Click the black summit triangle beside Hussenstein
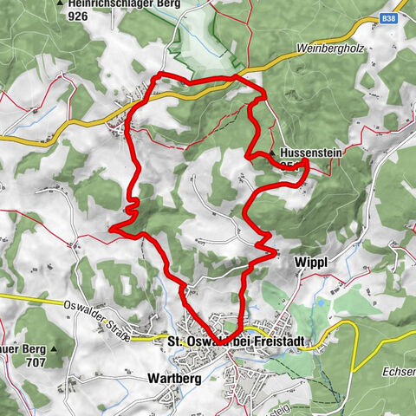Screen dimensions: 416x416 (272, 153)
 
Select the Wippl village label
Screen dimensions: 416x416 (328, 261)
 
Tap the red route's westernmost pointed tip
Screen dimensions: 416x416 (110, 228)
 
